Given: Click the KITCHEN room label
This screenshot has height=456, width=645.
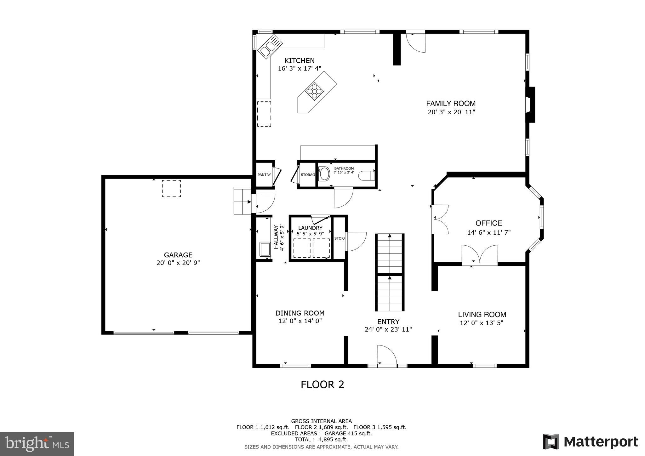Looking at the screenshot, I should pyautogui.click(x=299, y=61).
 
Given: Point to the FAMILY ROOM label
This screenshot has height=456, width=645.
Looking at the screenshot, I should pyautogui.click(x=451, y=103).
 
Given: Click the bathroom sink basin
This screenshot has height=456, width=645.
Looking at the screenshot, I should pyautogui.click(x=324, y=174).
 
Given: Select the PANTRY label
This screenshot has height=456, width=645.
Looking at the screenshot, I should pyautogui.click(x=264, y=175).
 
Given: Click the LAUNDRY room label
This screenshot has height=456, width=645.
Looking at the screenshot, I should pyautogui.click(x=310, y=228).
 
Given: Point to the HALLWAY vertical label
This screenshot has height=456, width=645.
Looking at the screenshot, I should pyautogui.click(x=276, y=237).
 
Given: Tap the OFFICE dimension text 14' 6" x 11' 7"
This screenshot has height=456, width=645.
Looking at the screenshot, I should pyautogui.click(x=488, y=233).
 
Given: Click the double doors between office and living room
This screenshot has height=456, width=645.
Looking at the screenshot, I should pyautogui.click(x=480, y=254).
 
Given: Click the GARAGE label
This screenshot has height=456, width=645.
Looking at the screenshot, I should pyautogui.click(x=178, y=255).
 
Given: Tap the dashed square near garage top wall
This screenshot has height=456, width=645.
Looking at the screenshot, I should pyautogui.click(x=171, y=188).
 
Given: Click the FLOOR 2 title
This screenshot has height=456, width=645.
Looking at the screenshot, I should pyautogui.click(x=322, y=385).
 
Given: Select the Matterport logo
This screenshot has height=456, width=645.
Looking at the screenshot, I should pyautogui.click(x=590, y=442).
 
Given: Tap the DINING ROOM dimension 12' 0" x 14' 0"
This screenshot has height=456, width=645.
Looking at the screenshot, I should pyautogui.click(x=300, y=321).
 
